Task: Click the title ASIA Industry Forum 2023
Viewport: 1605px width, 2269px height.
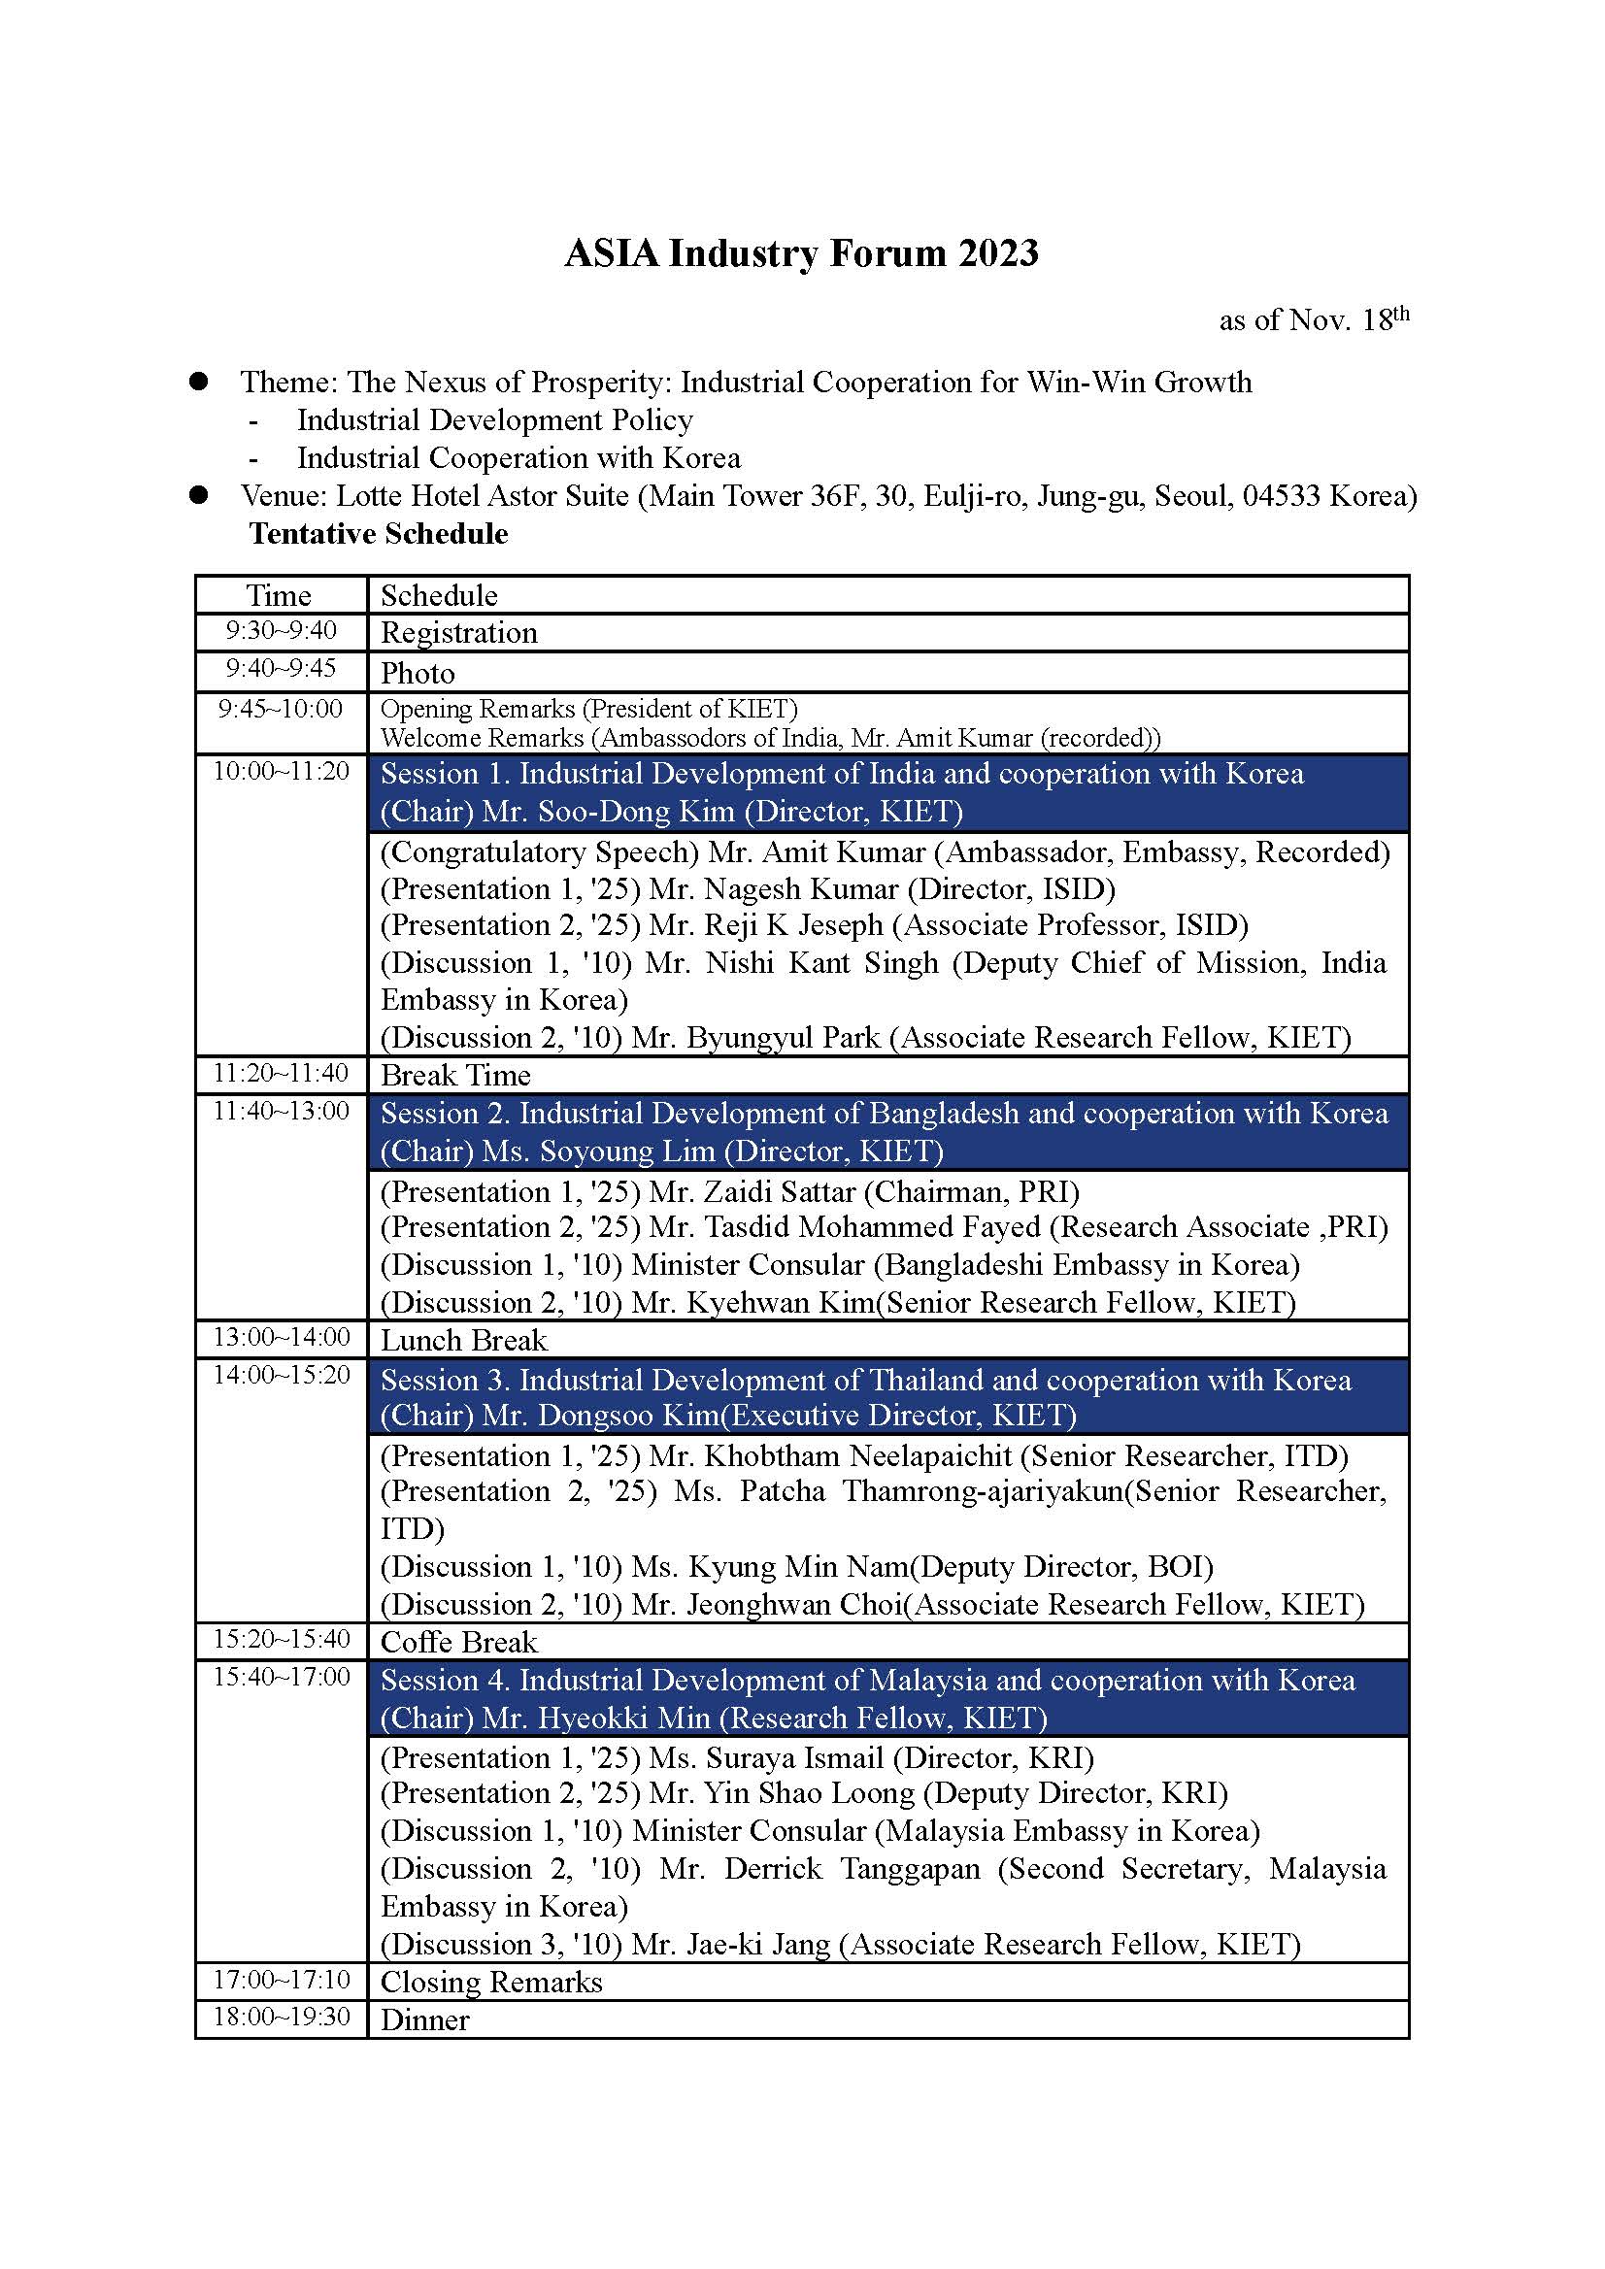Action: [x=800, y=254]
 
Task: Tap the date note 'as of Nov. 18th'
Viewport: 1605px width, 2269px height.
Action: [x=1314, y=320]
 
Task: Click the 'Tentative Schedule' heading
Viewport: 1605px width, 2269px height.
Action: [x=379, y=534]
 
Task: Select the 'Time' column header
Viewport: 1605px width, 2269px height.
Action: [x=279, y=595]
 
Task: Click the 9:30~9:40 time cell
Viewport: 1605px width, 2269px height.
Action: [x=281, y=630]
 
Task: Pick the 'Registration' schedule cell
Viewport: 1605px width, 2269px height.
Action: [x=458, y=632]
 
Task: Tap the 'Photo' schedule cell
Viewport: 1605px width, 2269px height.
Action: [x=418, y=673]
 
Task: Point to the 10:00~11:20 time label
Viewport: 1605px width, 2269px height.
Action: [x=281, y=772]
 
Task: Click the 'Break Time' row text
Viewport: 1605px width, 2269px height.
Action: [x=455, y=1075]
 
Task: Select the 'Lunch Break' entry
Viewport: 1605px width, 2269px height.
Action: [x=463, y=1340]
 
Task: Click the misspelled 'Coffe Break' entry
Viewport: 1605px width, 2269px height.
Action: [x=458, y=1642]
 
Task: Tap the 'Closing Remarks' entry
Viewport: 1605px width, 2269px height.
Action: [x=491, y=1982]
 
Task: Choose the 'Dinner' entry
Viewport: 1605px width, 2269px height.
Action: [x=425, y=2019]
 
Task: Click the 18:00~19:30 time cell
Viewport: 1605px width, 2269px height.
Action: [x=282, y=2016]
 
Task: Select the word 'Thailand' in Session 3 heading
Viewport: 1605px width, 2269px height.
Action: [x=927, y=1380]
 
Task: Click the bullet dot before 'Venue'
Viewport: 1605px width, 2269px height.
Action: [x=199, y=495]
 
